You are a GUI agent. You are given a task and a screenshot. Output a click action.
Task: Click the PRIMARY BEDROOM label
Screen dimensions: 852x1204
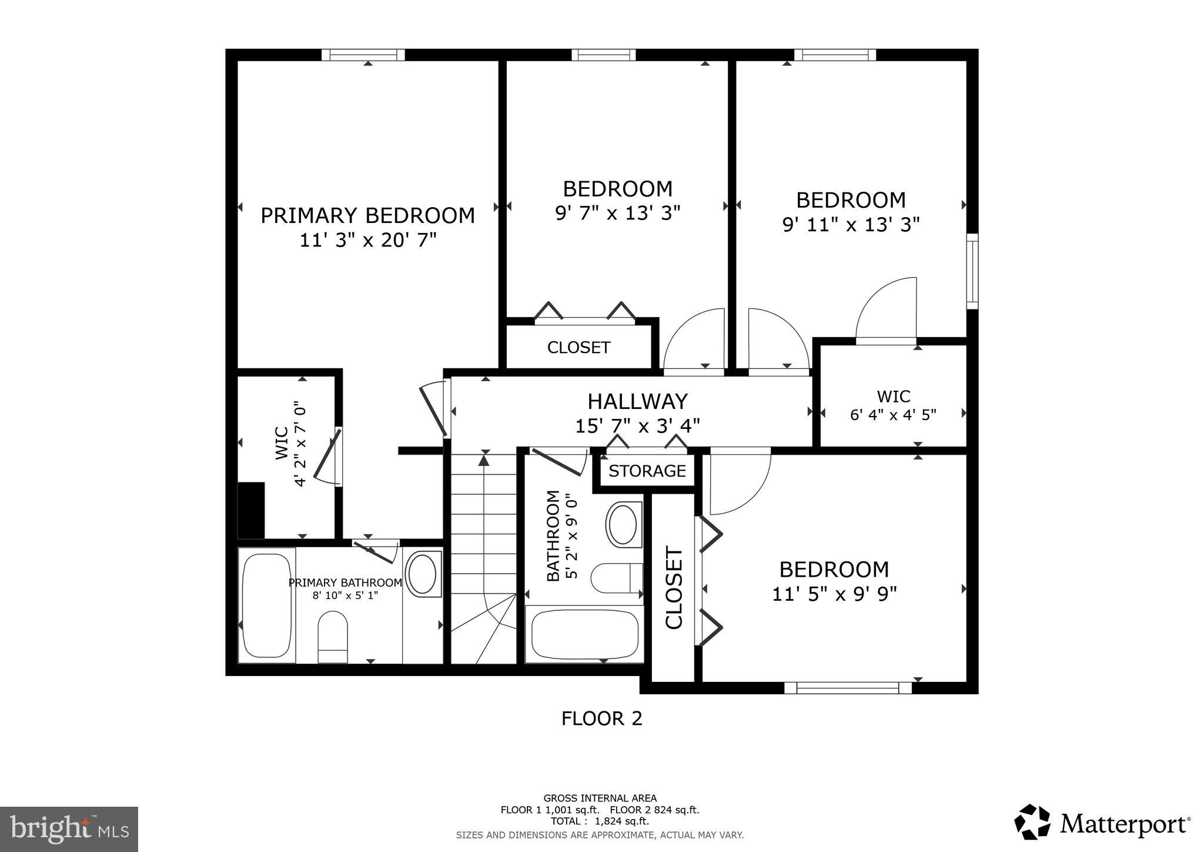(367, 215)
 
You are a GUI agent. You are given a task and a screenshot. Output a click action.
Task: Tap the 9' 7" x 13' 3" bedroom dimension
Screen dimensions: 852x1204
(617, 212)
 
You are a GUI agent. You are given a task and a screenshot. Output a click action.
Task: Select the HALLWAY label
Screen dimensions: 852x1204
(637, 401)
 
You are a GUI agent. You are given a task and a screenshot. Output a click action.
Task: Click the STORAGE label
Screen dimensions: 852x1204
(647, 471)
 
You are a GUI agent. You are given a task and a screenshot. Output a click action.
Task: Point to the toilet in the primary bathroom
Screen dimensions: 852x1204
(333, 635)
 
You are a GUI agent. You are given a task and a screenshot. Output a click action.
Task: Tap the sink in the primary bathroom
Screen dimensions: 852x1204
(422, 573)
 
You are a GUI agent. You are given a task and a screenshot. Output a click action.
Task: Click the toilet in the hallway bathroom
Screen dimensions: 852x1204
(614, 578)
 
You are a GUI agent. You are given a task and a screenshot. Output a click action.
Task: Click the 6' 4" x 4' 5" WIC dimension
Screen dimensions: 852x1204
(893, 415)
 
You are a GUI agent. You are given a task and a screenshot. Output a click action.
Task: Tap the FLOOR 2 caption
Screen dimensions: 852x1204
(601, 718)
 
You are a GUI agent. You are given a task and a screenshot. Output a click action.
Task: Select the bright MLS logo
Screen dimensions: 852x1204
(69, 829)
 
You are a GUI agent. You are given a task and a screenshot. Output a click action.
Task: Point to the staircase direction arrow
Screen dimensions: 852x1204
(483, 460)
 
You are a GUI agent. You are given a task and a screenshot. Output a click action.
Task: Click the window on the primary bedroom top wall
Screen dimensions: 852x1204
(363, 55)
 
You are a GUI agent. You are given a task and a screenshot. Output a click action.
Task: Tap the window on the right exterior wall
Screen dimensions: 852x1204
(972, 271)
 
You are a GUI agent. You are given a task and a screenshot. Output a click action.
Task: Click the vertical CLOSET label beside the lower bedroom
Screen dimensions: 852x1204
(674, 587)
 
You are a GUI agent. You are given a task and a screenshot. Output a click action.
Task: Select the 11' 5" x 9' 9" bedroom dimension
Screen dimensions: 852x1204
(834, 594)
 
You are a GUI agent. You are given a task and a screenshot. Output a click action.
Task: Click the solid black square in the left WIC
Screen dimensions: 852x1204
(251, 510)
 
